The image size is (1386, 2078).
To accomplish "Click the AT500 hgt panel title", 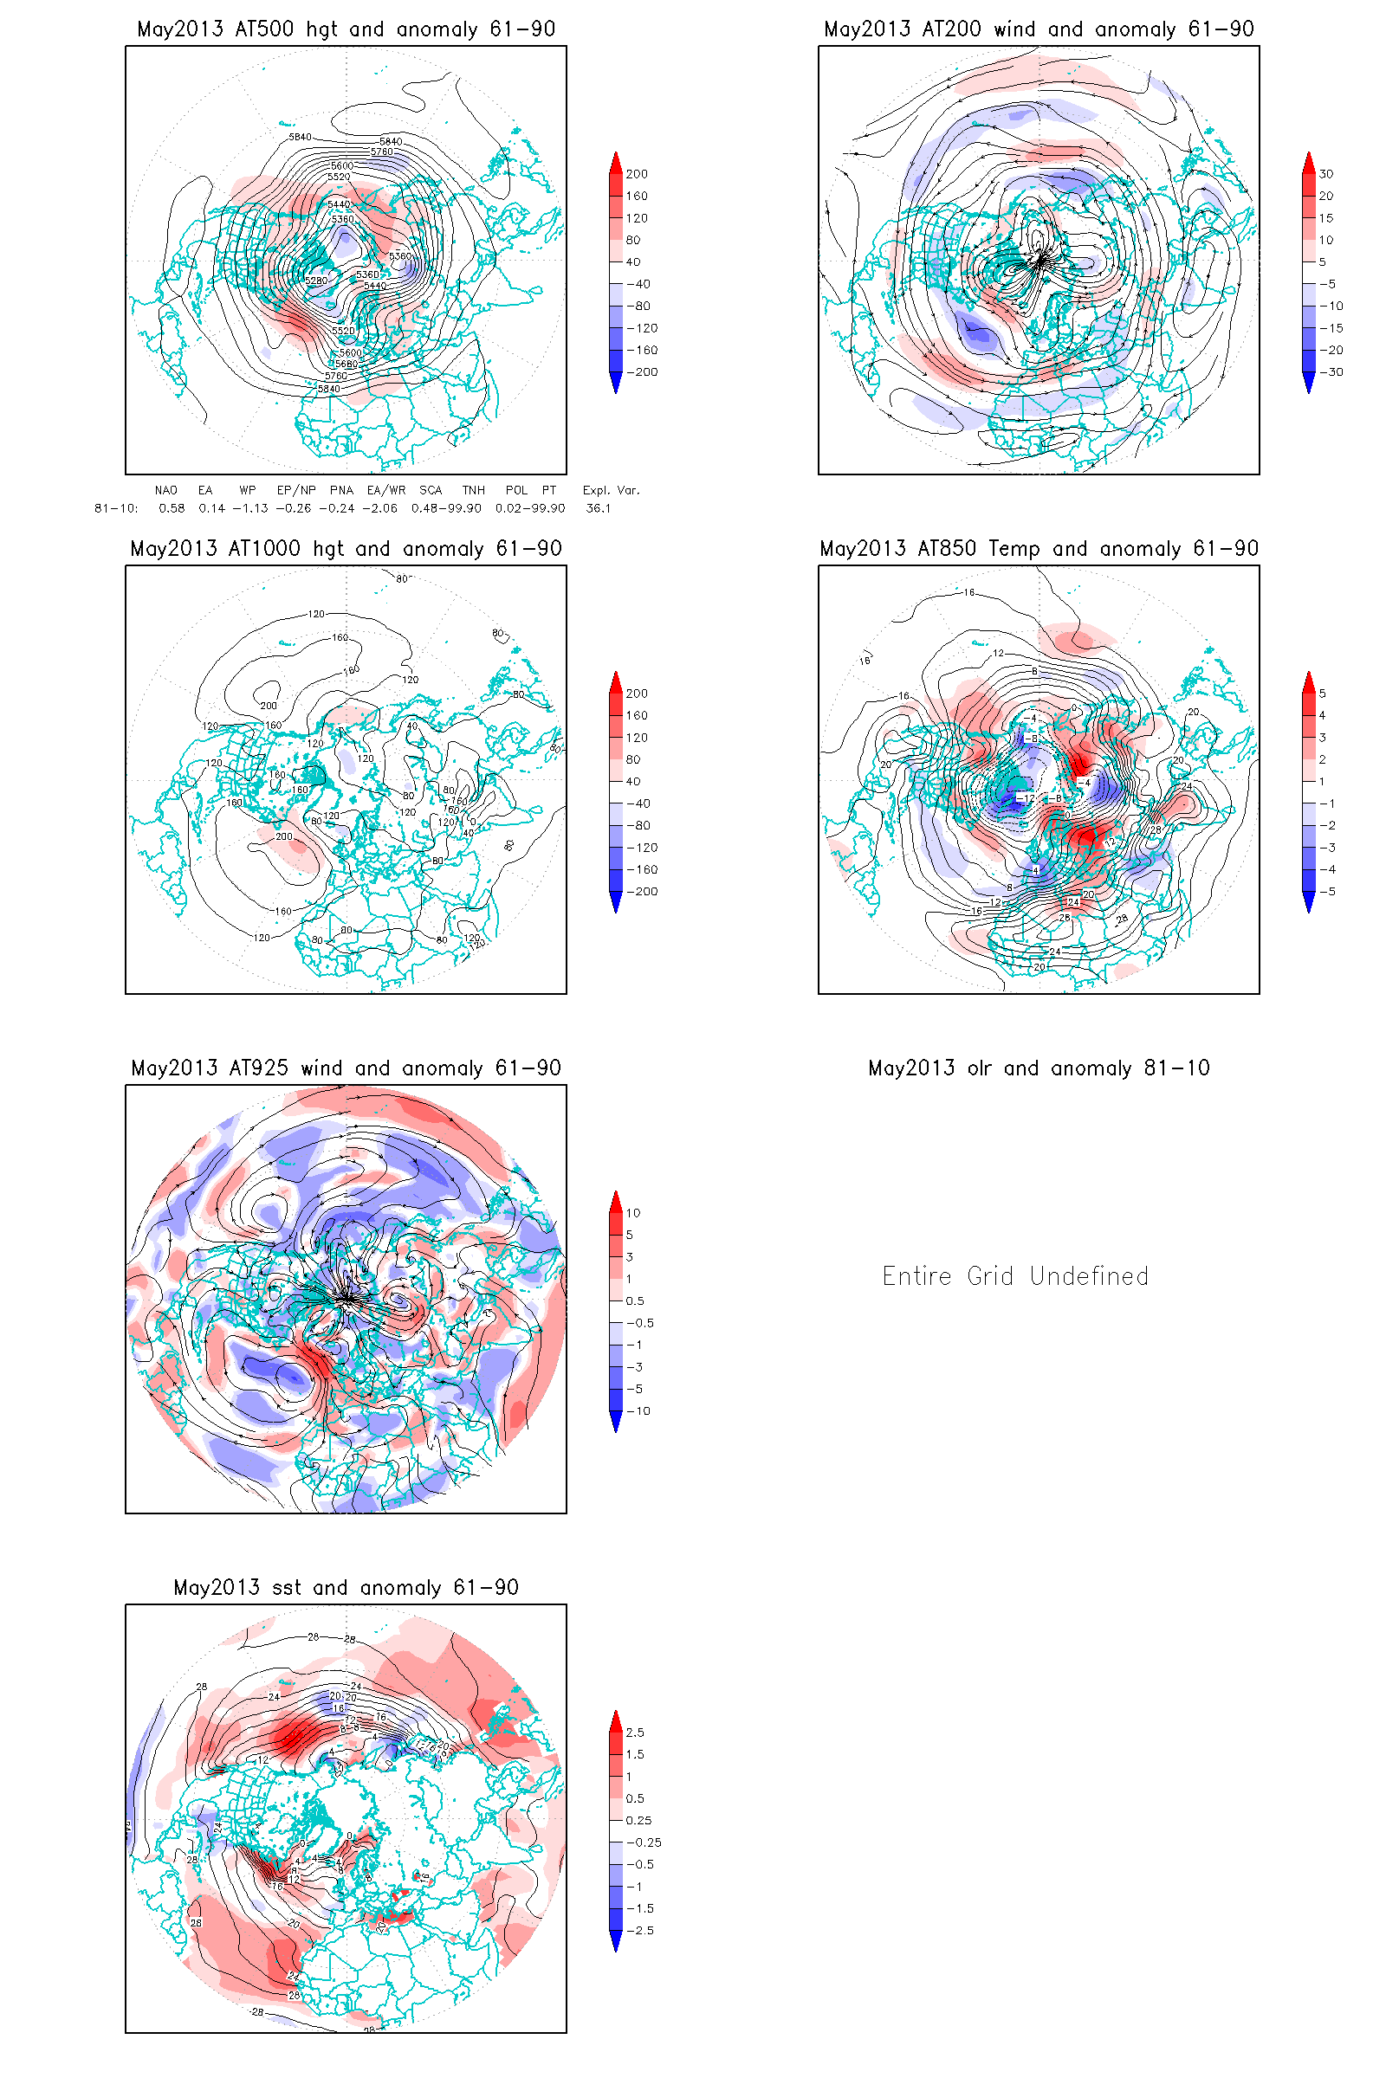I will coord(346,29).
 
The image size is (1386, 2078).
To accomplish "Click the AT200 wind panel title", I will coord(1039,29).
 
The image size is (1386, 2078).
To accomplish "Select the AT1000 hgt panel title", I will coord(346,549).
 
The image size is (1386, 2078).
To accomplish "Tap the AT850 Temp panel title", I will coord(1039,549).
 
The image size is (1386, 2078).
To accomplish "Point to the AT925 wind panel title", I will coord(346,1068).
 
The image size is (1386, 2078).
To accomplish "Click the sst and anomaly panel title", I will coord(346,1588).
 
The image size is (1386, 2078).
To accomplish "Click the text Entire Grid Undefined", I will coord(1014,1275).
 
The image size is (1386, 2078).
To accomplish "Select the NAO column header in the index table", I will coord(165,490).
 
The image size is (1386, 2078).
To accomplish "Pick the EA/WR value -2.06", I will coord(379,508).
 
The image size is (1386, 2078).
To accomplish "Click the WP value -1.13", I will coord(250,508).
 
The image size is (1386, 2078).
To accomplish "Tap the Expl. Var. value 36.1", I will coord(599,508).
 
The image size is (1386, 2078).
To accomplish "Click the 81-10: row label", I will coord(116,508).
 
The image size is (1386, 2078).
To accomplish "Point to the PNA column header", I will coord(341,490).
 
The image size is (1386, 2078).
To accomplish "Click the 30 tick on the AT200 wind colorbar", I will coord(1326,174).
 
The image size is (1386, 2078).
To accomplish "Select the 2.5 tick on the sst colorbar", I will coord(635,1733).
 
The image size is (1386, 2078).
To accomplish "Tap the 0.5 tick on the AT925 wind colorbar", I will coord(635,1300).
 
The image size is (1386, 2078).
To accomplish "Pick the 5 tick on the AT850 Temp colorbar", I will coord(1323,694).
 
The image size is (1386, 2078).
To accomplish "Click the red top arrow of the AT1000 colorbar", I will coord(616,680).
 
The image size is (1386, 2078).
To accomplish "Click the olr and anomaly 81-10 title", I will coord(1039,1068).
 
